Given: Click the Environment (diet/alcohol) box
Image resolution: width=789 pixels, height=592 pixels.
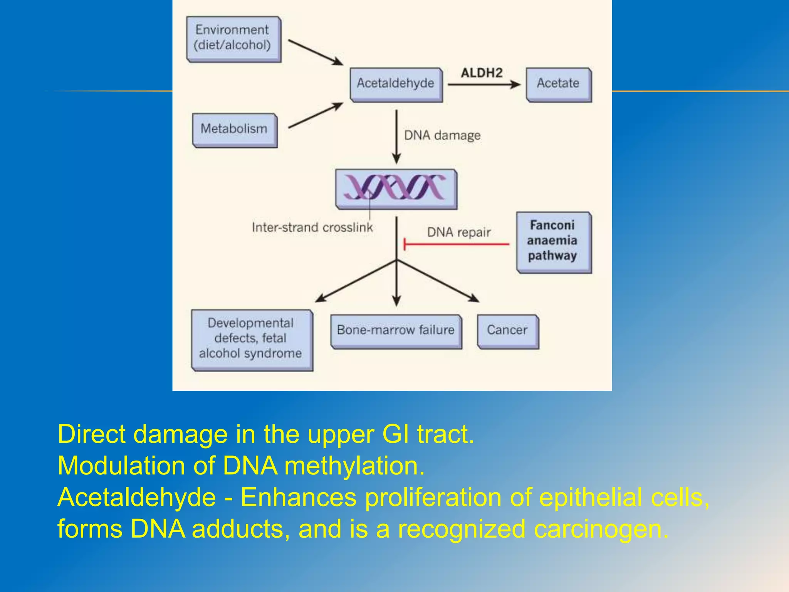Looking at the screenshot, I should [233, 39].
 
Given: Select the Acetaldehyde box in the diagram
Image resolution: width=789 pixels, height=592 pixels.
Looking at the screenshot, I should [396, 84].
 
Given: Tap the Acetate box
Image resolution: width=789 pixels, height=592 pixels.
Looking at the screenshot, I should [558, 84].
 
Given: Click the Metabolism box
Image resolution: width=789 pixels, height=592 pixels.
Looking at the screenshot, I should [234, 129].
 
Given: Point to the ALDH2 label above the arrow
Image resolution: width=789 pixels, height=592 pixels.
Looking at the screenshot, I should [482, 73].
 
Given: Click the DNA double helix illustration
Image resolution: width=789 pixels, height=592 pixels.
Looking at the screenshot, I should [396, 188].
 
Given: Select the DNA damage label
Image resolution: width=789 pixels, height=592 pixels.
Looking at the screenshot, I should [442, 135].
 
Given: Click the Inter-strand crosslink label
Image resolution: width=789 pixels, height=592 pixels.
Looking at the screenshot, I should [312, 227].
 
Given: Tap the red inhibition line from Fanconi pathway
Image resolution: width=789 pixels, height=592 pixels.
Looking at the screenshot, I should [457, 244].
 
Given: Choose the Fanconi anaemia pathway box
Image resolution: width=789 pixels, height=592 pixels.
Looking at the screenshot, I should [553, 241].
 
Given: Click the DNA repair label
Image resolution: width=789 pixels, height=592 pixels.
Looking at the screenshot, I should [458, 232].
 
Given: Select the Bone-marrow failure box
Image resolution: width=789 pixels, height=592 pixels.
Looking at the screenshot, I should [396, 331].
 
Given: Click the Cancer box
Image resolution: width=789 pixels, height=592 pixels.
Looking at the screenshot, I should [507, 331].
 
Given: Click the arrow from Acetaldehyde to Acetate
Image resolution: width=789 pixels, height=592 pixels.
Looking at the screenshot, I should [483, 84].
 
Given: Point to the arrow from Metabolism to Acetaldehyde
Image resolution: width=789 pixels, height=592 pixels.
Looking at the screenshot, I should [315, 115].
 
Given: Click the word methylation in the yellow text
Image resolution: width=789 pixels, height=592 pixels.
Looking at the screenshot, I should [354, 466].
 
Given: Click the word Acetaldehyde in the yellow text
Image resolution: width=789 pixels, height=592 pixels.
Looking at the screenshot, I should [136, 497].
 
